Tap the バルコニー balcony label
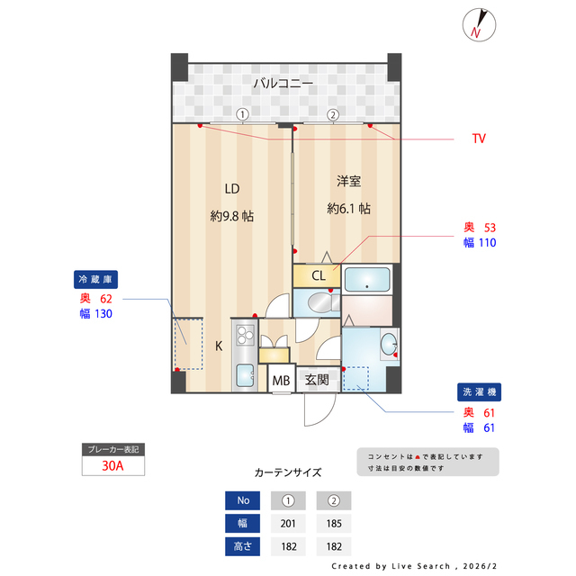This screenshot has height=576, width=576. pos(283,84)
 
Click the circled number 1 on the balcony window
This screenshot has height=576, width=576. pos(242,114)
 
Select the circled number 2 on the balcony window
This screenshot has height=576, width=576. pos(332,114)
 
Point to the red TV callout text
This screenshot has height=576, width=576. pos(478,139)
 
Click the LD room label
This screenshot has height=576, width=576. pos(231,189)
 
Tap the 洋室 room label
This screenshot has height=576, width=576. pos(348,182)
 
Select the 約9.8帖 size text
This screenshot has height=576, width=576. pos(231,216)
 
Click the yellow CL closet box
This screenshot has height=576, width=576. pos(318,275)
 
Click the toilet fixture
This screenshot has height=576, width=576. pos(317,303)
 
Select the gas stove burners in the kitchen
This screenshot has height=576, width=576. pos(245,337)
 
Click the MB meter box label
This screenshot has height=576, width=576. pos(282,380)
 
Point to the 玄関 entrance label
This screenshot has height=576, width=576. pos(316,380)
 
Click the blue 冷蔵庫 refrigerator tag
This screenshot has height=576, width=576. pos(98,279)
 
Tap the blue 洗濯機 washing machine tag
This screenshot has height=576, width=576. pos(478,392)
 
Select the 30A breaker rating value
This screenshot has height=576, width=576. pos(112,466)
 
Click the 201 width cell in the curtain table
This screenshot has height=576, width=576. pos(288,523)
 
